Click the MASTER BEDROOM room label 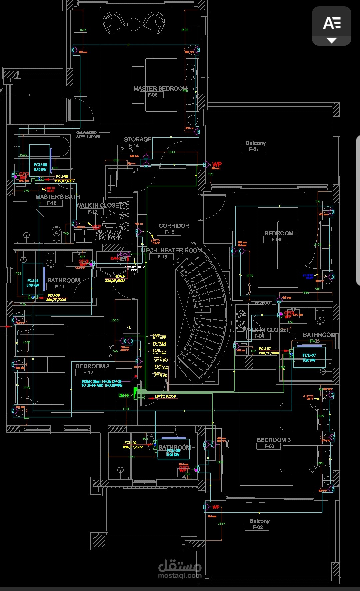coord(160,88)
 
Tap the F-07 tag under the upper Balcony coord(253,149)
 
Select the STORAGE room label coord(138,139)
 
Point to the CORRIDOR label coord(174,226)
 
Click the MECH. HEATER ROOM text coord(171,250)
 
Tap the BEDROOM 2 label coord(92,366)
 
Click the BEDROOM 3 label coord(274,440)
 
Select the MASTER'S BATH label coord(58,197)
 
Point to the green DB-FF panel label coord(124,395)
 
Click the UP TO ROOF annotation coord(165,396)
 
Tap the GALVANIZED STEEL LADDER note coord(88,135)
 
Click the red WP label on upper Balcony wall coord(217,164)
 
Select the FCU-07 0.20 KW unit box coord(309,358)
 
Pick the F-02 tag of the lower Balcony coord(258,527)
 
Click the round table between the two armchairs coord(134,25)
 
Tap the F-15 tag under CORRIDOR coord(169,232)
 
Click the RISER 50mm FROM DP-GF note coord(102,383)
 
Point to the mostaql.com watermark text coord(180,575)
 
